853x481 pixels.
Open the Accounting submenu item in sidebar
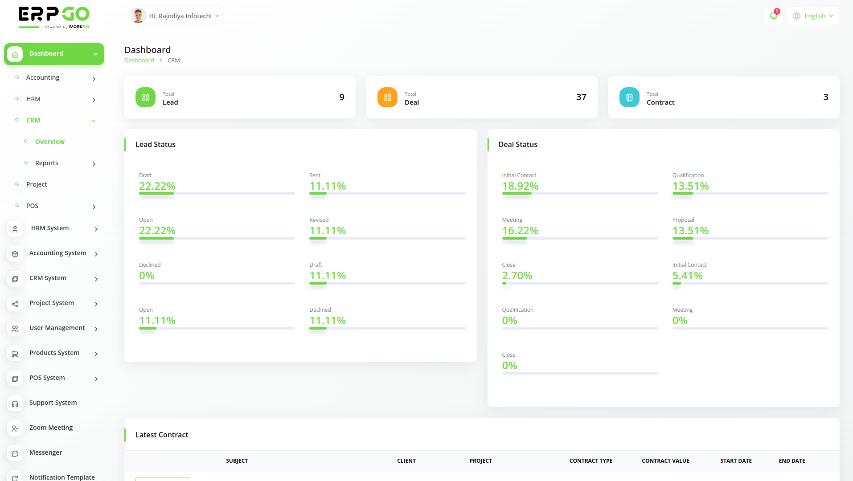[x=43, y=77]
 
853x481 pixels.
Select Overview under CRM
[x=50, y=142]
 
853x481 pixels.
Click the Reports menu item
[x=47, y=163]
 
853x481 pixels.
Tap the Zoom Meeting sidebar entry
[x=51, y=428]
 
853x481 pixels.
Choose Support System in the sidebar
[x=53, y=403]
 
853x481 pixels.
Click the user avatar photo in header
[x=138, y=16]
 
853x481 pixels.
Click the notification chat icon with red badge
[x=773, y=16]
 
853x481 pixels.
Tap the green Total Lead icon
[x=145, y=97]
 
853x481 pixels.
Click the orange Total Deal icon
[x=387, y=97]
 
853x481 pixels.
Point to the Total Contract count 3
[x=826, y=97]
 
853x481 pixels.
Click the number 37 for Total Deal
[x=581, y=97]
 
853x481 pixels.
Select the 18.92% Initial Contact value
[x=520, y=186]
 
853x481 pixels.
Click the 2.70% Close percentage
[x=517, y=276]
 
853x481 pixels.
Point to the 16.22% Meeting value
[x=520, y=231]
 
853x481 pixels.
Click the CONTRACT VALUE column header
[x=665, y=461]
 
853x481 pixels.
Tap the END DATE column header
[x=792, y=461]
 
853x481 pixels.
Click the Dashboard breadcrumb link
[x=139, y=61]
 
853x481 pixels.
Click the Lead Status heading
[x=156, y=144]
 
